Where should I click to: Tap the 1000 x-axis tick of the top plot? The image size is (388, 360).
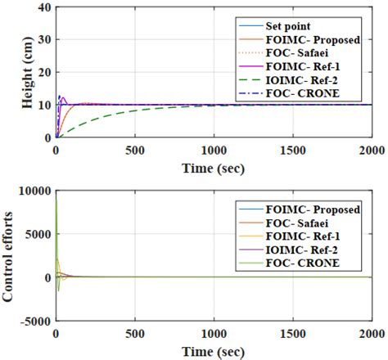coord(214,149)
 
